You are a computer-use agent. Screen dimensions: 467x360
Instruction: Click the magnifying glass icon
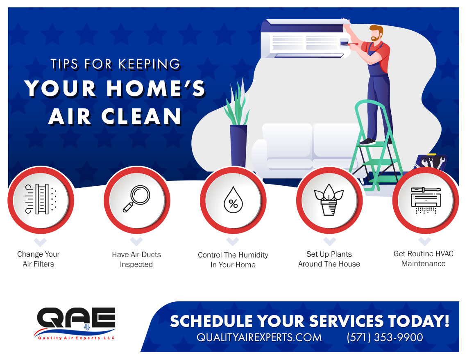[136, 199]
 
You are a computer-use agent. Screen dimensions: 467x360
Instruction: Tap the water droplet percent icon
[233, 200]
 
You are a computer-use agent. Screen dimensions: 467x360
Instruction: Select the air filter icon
[41, 199]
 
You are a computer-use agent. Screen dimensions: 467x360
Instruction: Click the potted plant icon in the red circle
[329, 199]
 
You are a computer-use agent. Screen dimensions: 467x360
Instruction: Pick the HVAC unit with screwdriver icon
[426, 200]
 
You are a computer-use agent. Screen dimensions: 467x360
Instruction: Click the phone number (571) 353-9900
[385, 337]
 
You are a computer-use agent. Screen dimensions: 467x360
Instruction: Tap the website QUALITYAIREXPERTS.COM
[259, 337]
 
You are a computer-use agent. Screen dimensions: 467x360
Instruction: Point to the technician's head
[376, 33]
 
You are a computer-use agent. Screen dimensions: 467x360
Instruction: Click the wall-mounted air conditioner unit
[305, 39]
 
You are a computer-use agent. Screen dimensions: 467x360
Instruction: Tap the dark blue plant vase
[238, 146]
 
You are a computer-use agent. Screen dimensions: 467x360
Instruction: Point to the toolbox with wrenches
[431, 162]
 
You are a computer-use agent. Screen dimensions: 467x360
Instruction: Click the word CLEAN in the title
[141, 116]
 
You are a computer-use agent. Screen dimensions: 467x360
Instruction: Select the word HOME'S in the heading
[156, 89]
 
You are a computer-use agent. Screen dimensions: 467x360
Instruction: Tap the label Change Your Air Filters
[39, 259]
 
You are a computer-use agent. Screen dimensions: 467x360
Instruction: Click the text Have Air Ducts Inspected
[136, 259]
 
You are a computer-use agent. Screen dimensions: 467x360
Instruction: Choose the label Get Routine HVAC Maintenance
[423, 259]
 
